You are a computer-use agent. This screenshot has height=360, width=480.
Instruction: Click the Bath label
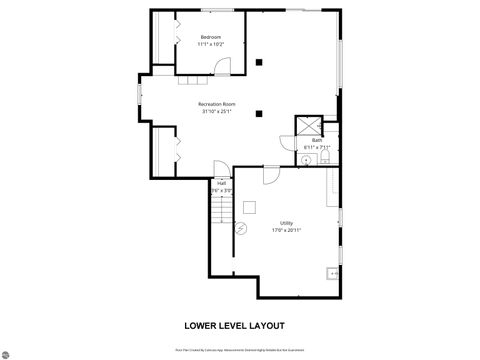[x=316, y=140]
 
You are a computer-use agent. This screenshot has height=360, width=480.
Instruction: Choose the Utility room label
[x=286, y=222]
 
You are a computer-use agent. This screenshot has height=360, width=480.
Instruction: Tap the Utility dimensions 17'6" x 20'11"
[x=286, y=230]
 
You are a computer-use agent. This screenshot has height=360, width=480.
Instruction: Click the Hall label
[x=221, y=183]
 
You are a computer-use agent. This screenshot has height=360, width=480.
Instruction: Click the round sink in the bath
[x=307, y=158]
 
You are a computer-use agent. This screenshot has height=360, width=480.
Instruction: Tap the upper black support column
[x=259, y=61]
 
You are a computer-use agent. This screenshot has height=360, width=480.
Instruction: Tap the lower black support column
[x=259, y=113]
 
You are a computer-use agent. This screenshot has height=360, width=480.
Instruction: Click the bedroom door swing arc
[x=224, y=68]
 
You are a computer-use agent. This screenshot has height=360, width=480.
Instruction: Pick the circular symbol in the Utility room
[x=240, y=229]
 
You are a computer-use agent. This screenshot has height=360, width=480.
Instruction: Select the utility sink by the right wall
[x=333, y=272]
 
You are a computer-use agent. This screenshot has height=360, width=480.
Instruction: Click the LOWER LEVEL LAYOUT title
[x=234, y=325]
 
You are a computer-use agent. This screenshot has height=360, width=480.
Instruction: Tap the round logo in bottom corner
[x=9, y=351]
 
